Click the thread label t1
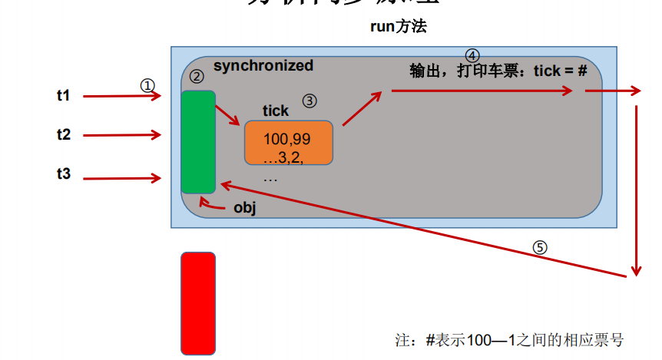63,96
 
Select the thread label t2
63,134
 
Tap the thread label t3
63,175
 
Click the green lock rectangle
198,141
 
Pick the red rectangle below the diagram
198,303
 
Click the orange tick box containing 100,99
288,143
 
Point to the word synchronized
263,66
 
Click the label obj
243,208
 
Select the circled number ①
147,84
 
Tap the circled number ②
197,76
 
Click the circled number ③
309,101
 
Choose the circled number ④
472,55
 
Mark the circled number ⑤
541,247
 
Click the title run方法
398,27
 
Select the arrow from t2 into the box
123,136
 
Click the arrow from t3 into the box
123,179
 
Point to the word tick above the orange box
276,111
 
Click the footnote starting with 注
508,339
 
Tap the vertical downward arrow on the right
636,188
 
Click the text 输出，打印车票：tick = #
498,71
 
